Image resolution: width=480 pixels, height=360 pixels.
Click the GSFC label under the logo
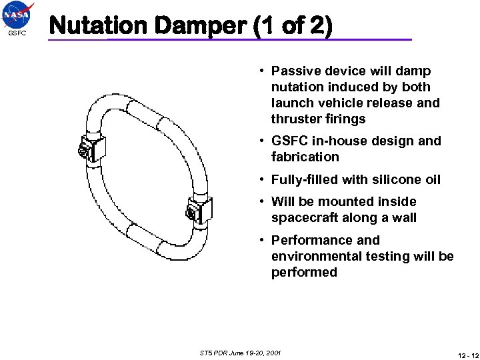coord(17,33)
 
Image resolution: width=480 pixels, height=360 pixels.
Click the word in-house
coord(337,141)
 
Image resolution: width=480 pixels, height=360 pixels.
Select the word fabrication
coord(305,157)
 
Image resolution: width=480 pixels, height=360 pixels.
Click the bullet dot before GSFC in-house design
coord(264,141)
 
